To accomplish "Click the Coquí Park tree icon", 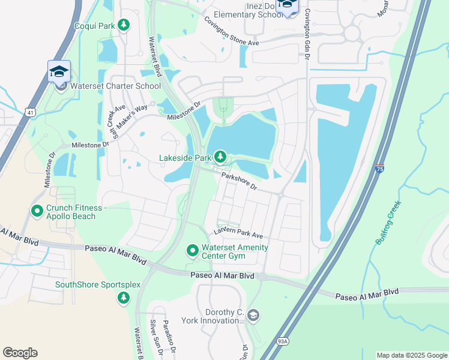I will [124, 25].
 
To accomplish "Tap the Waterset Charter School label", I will [115, 86].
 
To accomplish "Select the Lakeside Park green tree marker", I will [220, 157].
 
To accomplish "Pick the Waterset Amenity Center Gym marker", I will [193, 250].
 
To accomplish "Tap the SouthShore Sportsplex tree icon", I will [124, 297].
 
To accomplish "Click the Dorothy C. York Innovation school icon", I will [253, 315].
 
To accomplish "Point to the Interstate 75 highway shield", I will [379, 170].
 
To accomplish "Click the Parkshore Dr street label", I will [239, 181].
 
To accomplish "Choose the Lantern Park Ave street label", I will [239, 234].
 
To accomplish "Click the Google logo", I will [20, 353].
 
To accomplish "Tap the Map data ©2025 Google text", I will [411, 355].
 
